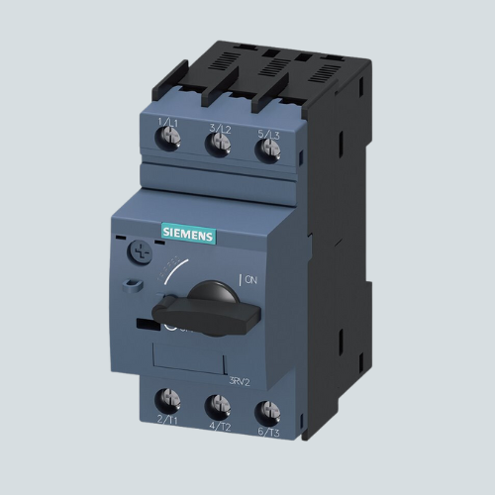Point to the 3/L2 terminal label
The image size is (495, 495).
click(220, 128)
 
